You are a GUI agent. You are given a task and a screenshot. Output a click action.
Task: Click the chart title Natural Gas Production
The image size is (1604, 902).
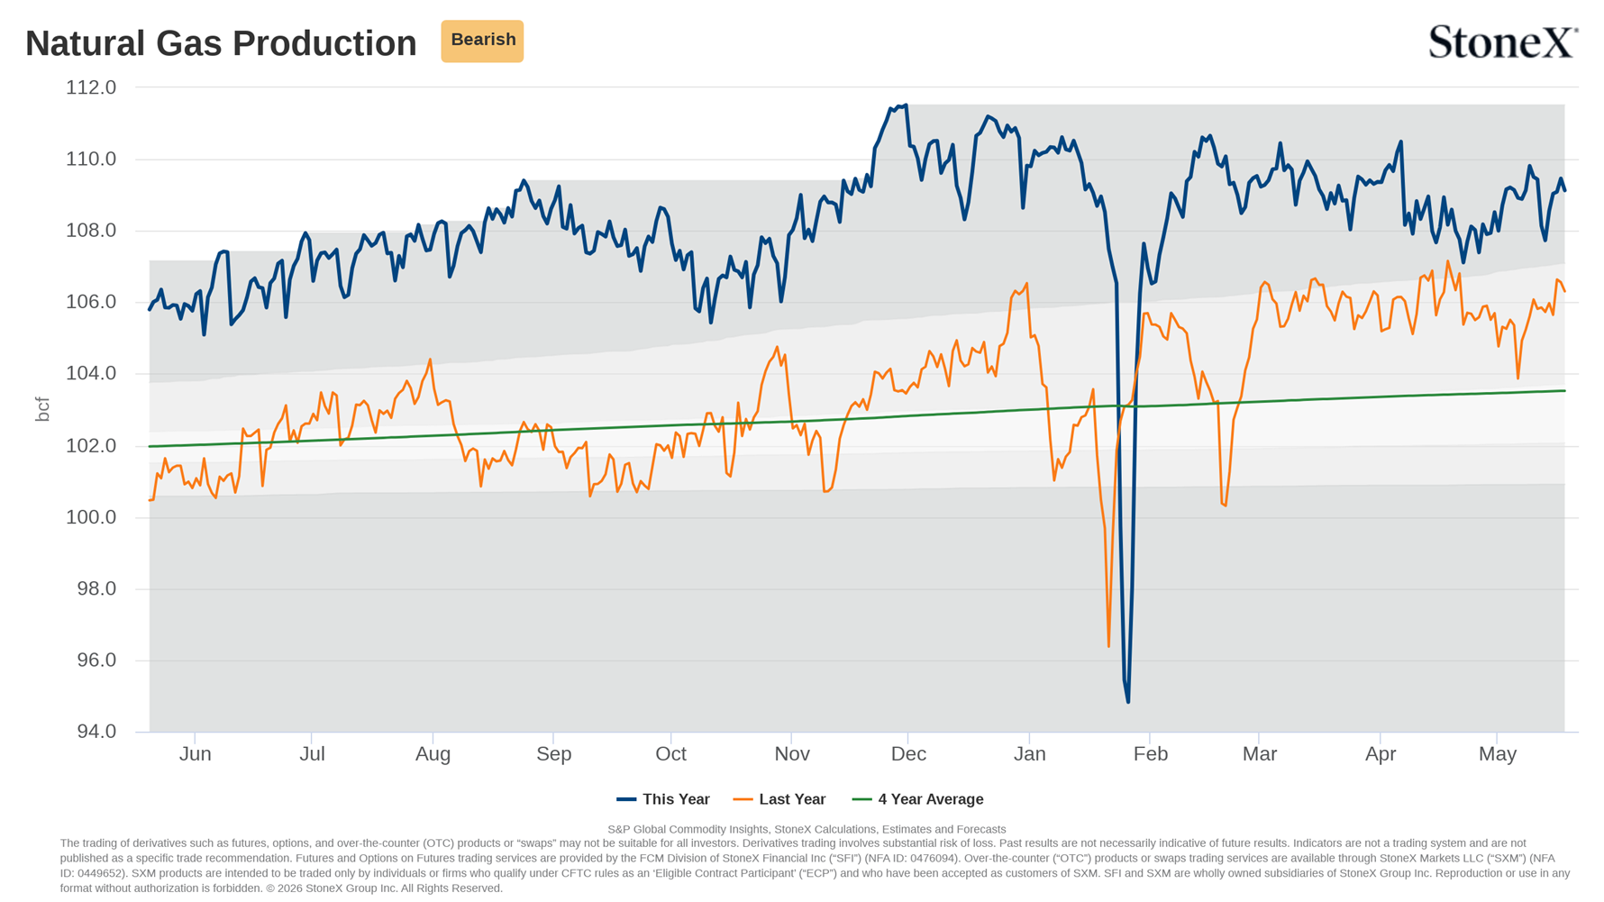coord(221,43)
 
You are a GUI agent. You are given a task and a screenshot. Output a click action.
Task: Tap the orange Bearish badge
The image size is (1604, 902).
coord(482,41)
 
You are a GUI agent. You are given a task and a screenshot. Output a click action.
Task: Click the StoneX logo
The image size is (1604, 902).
coord(1503,41)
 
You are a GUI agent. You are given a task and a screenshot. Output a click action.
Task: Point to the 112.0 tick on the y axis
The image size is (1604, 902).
coord(91,87)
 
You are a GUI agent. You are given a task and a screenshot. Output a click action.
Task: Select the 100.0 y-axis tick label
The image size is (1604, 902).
coord(91,517)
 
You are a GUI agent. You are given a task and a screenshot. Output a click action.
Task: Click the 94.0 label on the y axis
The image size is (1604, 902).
coord(96,732)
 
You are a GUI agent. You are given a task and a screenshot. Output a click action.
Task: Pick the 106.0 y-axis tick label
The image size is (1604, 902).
coord(91,302)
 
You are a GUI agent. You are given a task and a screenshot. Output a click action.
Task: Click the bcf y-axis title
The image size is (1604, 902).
coord(42,409)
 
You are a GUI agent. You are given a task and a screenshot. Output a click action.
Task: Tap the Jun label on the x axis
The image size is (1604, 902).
coord(196,754)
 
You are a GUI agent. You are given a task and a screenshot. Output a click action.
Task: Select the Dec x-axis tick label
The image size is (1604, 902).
coord(908,754)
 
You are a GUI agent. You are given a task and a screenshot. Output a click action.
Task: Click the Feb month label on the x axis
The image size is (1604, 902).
coord(1151,754)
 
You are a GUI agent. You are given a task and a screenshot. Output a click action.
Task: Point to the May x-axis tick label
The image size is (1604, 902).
coord(1498,754)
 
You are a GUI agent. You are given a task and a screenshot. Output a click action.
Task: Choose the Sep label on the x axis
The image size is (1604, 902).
coord(554,754)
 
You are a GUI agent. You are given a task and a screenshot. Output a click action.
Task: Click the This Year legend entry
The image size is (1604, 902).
coord(663,799)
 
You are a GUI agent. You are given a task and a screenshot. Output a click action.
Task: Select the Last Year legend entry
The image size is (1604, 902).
coord(779,799)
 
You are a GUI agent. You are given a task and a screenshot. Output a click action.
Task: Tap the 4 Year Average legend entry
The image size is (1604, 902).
coord(917,799)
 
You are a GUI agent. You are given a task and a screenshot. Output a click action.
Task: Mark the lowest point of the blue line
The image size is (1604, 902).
coord(1127,701)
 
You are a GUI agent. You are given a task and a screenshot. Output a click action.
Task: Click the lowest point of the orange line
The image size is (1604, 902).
coord(1108,646)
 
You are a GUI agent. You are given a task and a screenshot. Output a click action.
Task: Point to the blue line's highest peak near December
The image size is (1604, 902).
coord(906,105)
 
